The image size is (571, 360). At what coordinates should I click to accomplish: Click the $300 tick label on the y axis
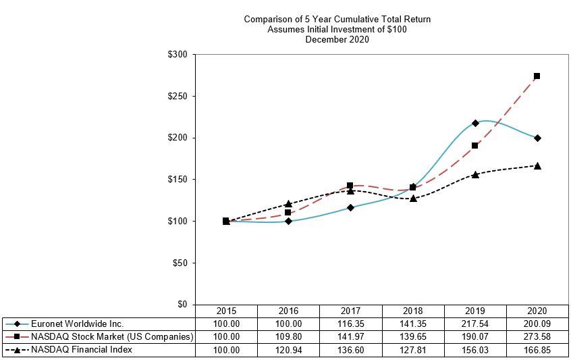click(178, 54)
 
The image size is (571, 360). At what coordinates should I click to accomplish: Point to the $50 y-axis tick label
click(180, 263)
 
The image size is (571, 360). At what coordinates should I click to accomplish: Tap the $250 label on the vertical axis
click(178, 96)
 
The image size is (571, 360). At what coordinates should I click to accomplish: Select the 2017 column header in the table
click(351, 311)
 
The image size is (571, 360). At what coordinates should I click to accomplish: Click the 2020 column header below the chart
click(537, 311)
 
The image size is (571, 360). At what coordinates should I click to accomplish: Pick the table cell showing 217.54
click(475, 324)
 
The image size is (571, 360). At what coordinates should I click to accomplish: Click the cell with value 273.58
click(537, 337)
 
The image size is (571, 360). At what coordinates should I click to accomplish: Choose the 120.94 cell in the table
click(288, 350)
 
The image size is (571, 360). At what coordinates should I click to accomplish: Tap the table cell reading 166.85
click(537, 350)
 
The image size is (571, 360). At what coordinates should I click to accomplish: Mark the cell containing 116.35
click(351, 324)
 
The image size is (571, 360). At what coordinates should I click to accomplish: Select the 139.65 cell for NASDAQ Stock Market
click(413, 337)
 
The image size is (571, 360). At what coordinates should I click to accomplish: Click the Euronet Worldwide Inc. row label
click(78, 324)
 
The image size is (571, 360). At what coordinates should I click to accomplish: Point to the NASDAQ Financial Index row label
click(82, 350)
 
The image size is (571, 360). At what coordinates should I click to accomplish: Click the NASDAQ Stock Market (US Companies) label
click(112, 337)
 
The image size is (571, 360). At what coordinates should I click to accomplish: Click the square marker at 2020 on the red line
click(537, 76)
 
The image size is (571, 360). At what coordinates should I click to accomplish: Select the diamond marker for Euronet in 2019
click(475, 123)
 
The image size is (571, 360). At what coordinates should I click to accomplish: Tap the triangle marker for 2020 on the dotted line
click(537, 165)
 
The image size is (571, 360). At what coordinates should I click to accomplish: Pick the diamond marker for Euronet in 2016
click(288, 221)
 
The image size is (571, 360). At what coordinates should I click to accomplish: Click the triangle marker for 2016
click(288, 203)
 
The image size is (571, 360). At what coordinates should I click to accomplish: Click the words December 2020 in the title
click(337, 39)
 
